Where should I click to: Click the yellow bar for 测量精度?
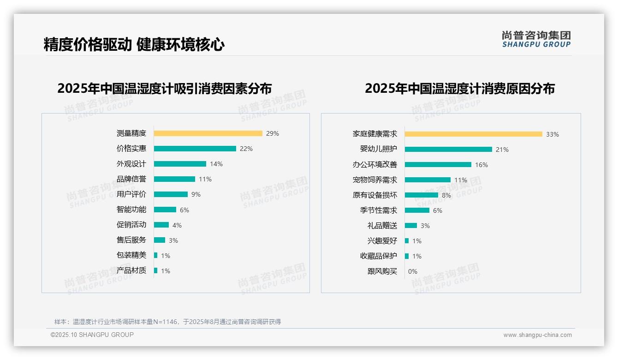point(208,133)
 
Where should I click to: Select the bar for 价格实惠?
point(195,149)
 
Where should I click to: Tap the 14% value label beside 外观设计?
point(216,164)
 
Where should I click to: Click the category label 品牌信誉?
point(131,179)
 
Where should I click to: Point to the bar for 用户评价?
point(171,194)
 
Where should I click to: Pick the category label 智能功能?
point(131,210)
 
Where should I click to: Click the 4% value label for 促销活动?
point(177,225)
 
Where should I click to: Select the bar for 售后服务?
point(160,240)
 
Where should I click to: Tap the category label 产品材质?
point(131,270)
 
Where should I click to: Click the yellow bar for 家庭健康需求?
point(474,134)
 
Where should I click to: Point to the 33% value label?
point(553,134)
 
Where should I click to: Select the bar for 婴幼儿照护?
point(448,150)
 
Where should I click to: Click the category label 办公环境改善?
point(374,165)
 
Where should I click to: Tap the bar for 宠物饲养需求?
point(428,180)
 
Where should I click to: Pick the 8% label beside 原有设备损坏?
point(446,195)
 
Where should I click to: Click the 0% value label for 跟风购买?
point(413,271)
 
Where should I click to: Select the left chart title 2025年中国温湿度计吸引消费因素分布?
point(165,88)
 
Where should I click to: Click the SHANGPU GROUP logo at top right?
point(536,39)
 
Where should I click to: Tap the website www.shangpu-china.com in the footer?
point(537,335)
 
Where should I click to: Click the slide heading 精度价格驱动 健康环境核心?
point(134,45)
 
